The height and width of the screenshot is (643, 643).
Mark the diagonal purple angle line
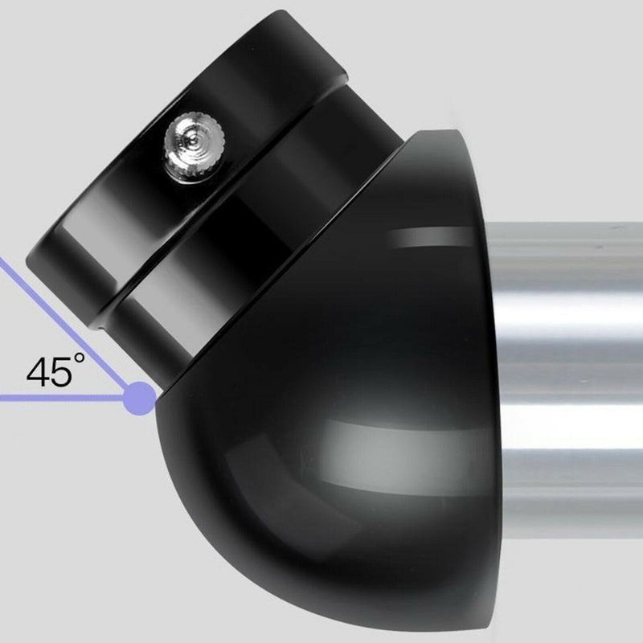pyautogui.click(x=64, y=326)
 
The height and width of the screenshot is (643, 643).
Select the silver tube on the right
pyautogui.click(x=571, y=362)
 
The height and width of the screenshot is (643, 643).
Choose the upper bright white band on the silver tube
pyautogui.click(x=571, y=309)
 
